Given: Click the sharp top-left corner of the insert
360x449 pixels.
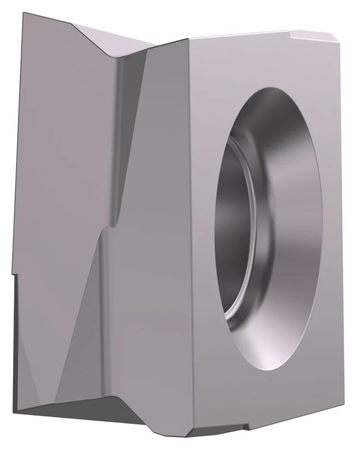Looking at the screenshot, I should [22, 13].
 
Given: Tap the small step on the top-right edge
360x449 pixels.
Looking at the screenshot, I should [290, 32].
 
